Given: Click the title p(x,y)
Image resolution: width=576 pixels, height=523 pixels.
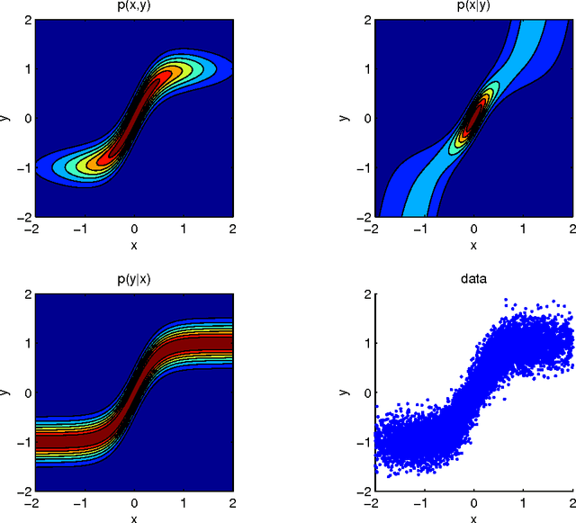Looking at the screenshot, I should [x=132, y=5].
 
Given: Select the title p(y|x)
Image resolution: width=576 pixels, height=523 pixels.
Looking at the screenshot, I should [x=132, y=279].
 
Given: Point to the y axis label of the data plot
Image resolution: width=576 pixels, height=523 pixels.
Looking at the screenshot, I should [x=346, y=392].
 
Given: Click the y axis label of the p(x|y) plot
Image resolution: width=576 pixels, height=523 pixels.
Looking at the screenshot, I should [x=346, y=118].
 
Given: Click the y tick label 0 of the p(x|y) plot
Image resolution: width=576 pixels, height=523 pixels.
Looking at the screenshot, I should [x=364, y=118].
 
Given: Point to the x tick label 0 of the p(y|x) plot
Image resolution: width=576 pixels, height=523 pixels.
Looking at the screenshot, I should [x=133, y=504].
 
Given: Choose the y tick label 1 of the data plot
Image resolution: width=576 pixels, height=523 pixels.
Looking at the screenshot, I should [x=364, y=343].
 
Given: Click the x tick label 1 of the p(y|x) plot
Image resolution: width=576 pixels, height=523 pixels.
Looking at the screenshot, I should [x=184, y=504].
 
